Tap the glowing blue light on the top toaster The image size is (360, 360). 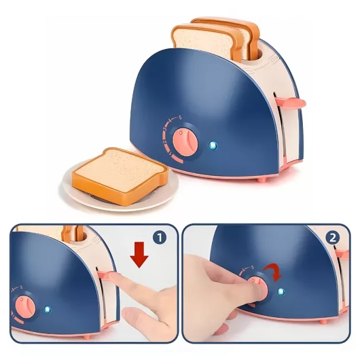tap(213, 146)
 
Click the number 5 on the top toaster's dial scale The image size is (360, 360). tap(180, 118)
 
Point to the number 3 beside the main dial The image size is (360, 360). tap(165, 129)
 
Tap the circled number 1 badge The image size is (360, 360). tap(160, 237)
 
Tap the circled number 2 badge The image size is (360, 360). tap(333, 238)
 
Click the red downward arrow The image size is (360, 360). tap(139, 255)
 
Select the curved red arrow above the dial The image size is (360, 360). tap(273, 271)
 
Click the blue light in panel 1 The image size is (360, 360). tap(47, 310)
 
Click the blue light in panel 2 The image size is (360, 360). tap(281, 292)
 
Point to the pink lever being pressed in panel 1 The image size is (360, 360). tap(106, 274)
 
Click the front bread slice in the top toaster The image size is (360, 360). tap(207, 43)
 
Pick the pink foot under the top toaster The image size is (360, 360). tap(262, 179)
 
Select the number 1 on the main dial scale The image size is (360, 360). tap(170, 153)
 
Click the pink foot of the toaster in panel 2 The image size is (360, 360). tap(324, 322)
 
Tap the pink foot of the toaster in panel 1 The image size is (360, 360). tap(87, 337)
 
